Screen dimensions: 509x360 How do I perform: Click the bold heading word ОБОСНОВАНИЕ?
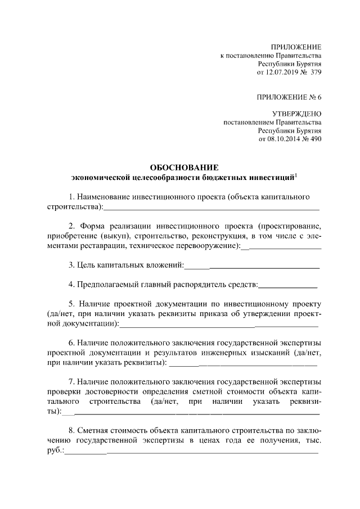pos(183,168)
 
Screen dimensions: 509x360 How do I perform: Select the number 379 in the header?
pos(314,73)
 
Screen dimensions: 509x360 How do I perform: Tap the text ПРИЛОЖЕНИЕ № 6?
pos(289,97)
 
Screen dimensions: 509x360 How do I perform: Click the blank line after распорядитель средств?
pos(287,285)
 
